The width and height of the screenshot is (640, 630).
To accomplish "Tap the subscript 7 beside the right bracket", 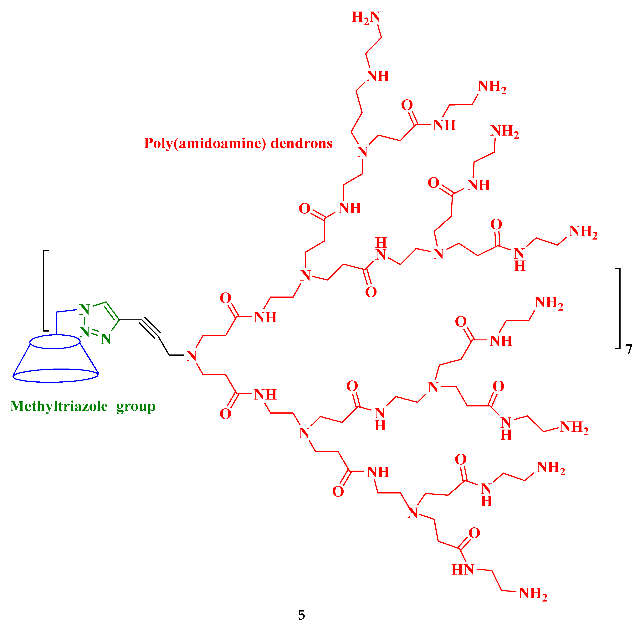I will click(x=629, y=349).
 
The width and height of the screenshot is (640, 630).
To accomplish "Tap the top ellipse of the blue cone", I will click(x=55, y=341).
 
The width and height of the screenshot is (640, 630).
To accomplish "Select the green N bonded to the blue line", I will click(x=85, y=310).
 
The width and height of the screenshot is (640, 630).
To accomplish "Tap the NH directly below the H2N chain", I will click(x=378, y=76).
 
